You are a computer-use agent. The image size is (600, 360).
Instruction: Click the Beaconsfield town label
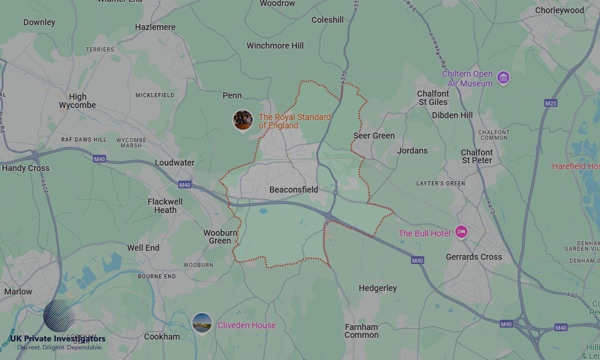(x=293, y=190)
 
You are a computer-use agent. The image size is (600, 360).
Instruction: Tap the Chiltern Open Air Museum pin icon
(x=503, y=78)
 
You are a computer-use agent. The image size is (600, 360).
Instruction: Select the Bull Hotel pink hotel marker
(x=461, y=232)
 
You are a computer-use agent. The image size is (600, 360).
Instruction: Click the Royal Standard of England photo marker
(x=243, y=120)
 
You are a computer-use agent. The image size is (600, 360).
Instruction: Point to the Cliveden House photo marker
(x=202, y=323)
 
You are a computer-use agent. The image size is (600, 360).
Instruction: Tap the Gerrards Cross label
(x=473, y=257)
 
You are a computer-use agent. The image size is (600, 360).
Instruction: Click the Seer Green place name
(x=374, y=136)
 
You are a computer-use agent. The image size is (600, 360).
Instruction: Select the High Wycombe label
(x=77, y=101)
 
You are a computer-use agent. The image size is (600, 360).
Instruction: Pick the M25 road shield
(x=551, y=103)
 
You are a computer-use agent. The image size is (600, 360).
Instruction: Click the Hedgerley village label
(x=377, y=288)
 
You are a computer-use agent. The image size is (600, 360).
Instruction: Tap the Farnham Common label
(x=361, y=331)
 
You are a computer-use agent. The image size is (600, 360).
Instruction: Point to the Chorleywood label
(x=559, y=10)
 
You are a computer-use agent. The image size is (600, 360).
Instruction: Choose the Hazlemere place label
(x=155, y=27)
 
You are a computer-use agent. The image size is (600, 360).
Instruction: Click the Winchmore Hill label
(x=275, y=46)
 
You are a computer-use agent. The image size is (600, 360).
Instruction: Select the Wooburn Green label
(x=220, y=236)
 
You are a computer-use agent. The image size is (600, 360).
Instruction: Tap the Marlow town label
(x=18, y=292)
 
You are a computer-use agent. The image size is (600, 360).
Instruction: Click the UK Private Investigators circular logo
(x=59, y=316)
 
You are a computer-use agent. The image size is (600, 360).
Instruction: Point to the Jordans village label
(x=412, y=151)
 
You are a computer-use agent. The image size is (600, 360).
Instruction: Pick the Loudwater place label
(x=175, y=163)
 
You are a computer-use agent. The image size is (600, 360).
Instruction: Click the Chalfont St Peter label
(x=477, y=156)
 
